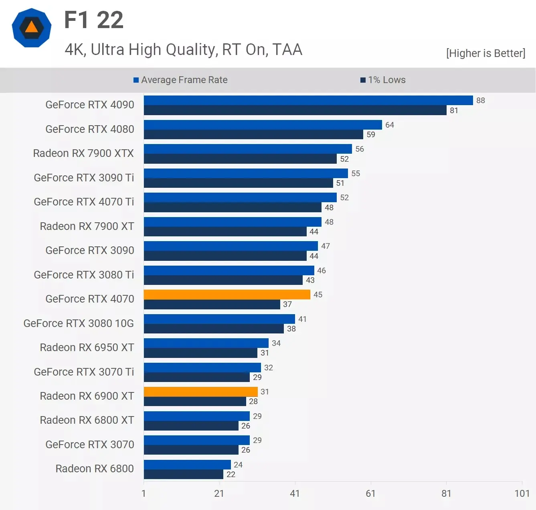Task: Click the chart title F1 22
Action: pos(94,20)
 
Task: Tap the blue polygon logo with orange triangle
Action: pos(32,28)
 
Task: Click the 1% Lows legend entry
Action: pos(383,80)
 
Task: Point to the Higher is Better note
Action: pos(485,53)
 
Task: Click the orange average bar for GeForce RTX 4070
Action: pos(227,295)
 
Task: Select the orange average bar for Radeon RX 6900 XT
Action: pos(200,392)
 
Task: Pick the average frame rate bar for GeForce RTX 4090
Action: pos(308,100)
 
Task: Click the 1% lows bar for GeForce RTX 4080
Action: pos(253,134)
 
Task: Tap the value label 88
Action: pos(480,100)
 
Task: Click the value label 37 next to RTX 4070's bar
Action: pos(287,304)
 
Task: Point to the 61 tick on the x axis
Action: pos(370,493)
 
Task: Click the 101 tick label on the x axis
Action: pos(522,493)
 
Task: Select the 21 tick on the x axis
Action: pos(219,493)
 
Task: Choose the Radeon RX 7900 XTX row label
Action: pos(83,153)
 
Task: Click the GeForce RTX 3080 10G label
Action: pos(79,323)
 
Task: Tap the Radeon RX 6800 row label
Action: pos(95,469)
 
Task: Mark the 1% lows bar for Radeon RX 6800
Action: pos(184,474)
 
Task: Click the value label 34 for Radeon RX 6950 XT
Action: pos(276,343)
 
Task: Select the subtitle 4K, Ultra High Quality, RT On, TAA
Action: pos(183,50)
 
